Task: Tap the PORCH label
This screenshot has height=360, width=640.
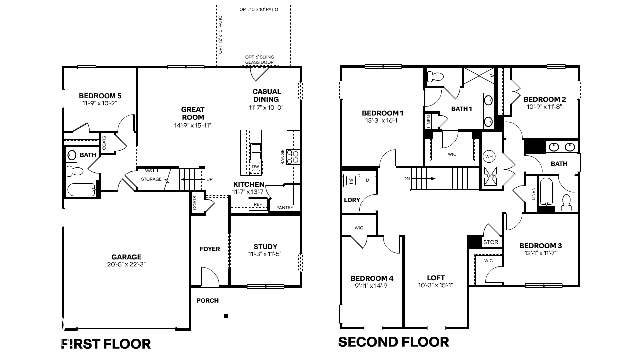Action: tap(207, 300)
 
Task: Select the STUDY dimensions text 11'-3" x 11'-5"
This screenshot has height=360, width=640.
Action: tap(265, 254)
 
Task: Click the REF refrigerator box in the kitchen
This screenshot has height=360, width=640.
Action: tap(258, 205)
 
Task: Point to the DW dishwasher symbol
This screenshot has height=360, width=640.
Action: tap(255, 167)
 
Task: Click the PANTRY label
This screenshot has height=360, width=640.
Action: tap(285, 208)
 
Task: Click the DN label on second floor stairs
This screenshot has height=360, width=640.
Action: tap(407, 179)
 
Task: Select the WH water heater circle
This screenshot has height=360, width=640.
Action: tap(489, 157)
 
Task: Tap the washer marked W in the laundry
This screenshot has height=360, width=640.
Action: tap(351, 180)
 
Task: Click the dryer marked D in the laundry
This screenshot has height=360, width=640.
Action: tap(367, 180)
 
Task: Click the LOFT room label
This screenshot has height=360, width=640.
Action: tap(436, 278)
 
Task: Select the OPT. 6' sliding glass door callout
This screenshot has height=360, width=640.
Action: tap(259, 59)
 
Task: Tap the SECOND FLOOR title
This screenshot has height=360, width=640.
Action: tap(393, 342)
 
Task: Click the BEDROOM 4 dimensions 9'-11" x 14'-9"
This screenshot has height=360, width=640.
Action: tap(372, 286)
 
